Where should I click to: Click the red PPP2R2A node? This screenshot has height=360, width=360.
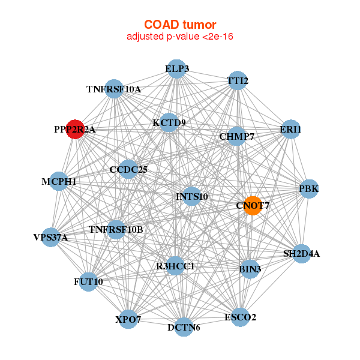click(75, 129)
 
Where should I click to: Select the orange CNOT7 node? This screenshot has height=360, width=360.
click(253, 206)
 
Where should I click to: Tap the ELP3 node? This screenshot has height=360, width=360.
click(177, 69)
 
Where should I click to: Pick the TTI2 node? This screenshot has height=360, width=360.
click(238, 80)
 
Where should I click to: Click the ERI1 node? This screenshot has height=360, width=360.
click(290, 129)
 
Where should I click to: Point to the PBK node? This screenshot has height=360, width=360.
click(309, 189)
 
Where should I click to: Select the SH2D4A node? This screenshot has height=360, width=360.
click(301, 254)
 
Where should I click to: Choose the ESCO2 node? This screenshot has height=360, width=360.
click(240, 317)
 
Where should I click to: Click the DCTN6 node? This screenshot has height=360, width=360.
click(184, 327)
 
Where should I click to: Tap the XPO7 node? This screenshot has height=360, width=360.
click(128, 319)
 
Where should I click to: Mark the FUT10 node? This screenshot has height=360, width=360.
click(88, 282)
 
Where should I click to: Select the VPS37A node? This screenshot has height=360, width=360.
click(51, 238)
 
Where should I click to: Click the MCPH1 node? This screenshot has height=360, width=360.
click(59, 181)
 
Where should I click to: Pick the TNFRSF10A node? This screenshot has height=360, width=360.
click(114, 89)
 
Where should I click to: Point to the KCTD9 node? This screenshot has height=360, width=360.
click(169, 122)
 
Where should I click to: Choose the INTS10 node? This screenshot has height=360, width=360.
click(192, 196)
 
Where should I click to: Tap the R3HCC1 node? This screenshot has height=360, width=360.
click(175, 266)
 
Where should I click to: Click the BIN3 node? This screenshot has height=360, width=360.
click(250, 269)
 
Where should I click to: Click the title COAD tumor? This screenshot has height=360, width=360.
click(180, 25)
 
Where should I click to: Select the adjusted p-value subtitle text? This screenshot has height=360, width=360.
click(180, 37)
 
